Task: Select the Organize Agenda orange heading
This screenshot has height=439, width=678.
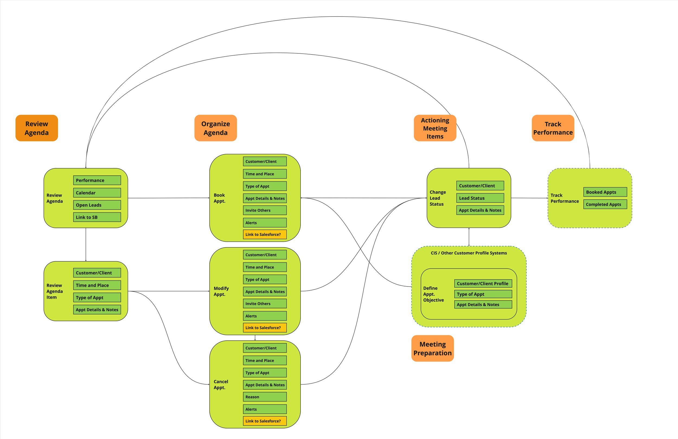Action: click(x=215, y=128)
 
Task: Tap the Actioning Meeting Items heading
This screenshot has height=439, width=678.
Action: click(x=435, y=128)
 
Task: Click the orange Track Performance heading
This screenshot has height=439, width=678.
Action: click(x=553, y=128)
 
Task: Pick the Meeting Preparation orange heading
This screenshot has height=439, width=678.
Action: click(x=433, y=348)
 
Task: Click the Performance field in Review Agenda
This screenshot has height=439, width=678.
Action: click(x=97, y=180)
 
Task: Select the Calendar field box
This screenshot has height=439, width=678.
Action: click(x=97, y=193)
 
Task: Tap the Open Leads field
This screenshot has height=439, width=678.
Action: click(x=97, y=205)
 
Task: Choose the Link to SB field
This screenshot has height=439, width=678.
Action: click(x=97, y=217)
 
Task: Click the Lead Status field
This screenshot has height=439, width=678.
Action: click(x=480, y=198)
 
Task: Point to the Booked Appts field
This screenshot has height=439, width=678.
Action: click(x=605, y=192)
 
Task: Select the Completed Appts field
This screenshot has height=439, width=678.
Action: click(x=605, y=204)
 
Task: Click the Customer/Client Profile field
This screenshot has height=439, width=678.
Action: click(x=483, y=283)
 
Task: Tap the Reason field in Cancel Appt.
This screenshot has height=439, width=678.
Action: click(x=265, y=397)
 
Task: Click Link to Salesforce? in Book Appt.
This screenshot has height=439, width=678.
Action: click(x=265, y=235)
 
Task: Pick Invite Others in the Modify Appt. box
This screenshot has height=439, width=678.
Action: click(x=265, y=304)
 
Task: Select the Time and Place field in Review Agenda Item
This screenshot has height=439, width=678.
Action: click(x=97, y=285)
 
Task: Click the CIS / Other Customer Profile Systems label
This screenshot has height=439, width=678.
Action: click(x=469, y=253)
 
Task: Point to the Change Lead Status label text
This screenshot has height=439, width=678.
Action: click(x=437, y=198)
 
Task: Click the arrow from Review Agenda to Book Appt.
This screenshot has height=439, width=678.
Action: click(x=168, y=198)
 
